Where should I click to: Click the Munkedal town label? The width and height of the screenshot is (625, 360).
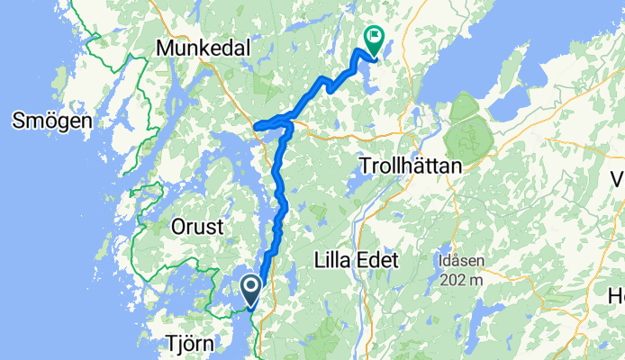point(204,47)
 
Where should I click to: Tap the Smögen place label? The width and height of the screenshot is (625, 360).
point(49,121)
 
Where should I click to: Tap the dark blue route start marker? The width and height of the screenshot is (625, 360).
point(250,288)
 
